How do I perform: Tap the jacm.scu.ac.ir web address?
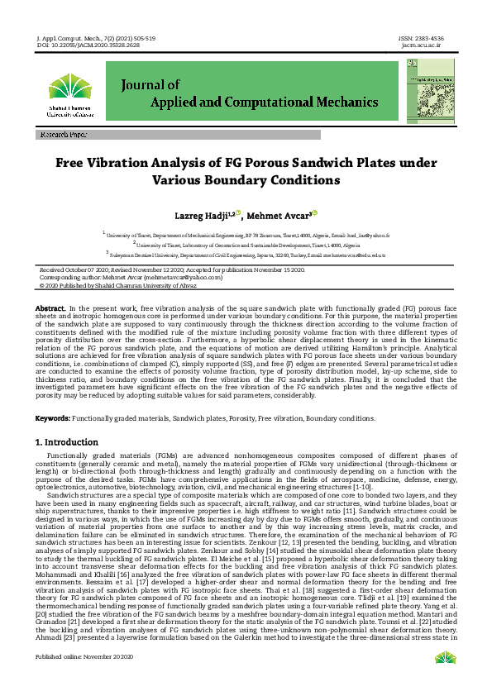pyautogui.click(x=422, y=45)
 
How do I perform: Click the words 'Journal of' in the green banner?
pyautogui.click(x=150, y=84)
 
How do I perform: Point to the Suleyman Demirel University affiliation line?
pyautogui.click(x=246, y=255)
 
